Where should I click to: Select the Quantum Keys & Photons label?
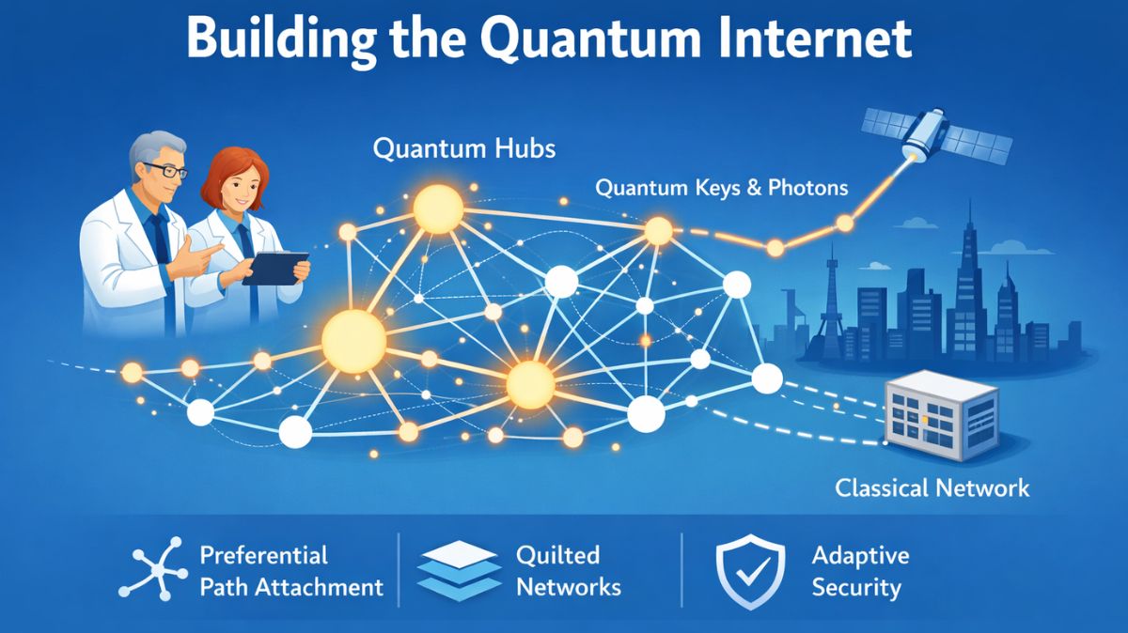722,188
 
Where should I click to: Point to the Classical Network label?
932,488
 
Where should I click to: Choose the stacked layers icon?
457,572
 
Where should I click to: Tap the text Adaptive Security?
859,571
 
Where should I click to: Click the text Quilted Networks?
568,571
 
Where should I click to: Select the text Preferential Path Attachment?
290,571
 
